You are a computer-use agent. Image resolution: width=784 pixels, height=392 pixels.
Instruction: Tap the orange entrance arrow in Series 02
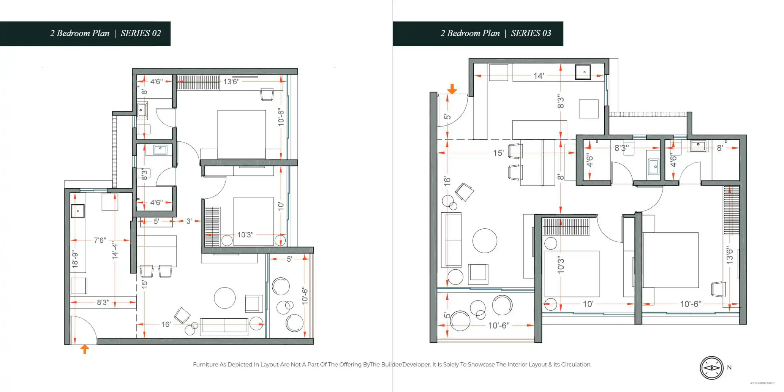point(85,349)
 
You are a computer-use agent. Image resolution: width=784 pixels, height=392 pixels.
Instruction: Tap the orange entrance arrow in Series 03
point(452,89)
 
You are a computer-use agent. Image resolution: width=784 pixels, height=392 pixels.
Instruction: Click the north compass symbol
point(711,368)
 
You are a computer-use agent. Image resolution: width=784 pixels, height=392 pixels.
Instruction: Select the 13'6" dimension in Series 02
point(231,81)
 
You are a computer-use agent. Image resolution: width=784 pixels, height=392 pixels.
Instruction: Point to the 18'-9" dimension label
point(75,259)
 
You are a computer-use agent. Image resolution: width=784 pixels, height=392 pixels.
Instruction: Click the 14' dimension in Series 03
point(538,76)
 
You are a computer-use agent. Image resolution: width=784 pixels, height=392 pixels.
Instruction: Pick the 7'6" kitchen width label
point(100,240)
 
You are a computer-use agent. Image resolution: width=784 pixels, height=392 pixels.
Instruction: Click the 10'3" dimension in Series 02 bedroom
point(245,235)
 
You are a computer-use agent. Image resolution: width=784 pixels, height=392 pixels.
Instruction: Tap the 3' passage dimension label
point(189,221)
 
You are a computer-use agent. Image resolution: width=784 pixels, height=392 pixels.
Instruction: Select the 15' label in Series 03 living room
point(498,153)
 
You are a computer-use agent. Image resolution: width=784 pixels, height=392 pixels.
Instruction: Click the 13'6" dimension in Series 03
point(729,255)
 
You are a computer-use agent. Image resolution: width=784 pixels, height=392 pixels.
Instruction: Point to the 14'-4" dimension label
point(115,250)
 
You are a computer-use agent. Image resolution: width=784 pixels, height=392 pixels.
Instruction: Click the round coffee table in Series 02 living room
point(224,298)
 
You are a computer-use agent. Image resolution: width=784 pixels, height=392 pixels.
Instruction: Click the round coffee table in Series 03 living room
point(484,241)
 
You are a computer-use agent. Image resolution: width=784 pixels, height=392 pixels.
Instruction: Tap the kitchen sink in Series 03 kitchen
point(583,72)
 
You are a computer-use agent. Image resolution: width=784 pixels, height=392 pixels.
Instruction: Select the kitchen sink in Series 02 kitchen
point(78,211)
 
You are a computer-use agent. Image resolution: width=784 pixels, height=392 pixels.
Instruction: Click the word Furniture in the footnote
point(205,364)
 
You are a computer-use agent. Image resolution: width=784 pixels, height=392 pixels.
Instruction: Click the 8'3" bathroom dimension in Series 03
point(622,148)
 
